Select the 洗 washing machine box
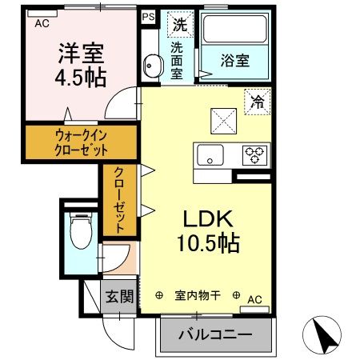coord(178,25)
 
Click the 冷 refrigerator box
coord(258,102)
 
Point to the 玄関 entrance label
coord(118,297)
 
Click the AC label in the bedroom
coord(42,23)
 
